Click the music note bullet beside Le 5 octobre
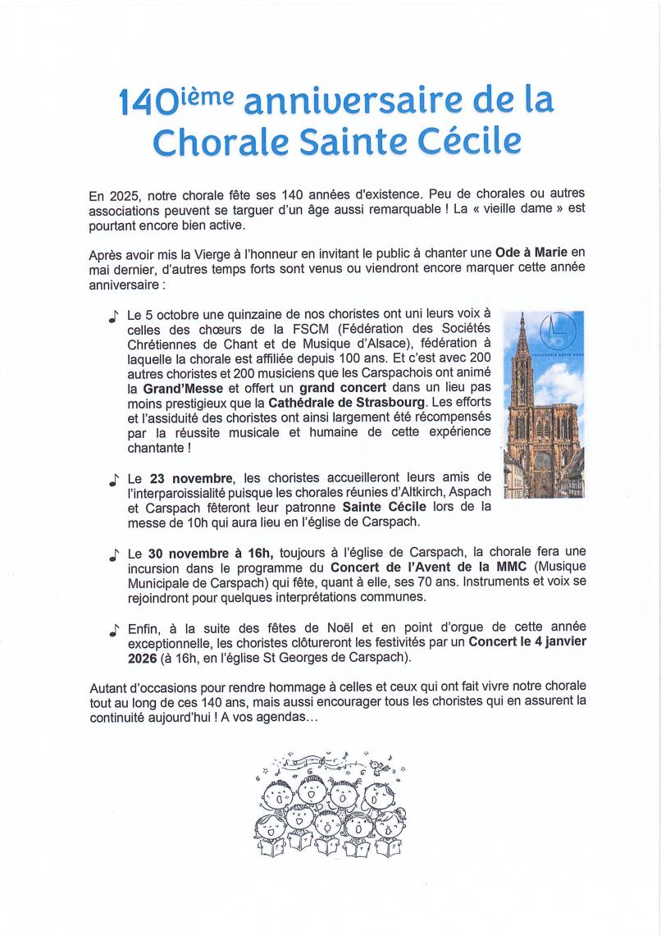coord(112,315)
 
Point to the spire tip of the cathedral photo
coord(522,315)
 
